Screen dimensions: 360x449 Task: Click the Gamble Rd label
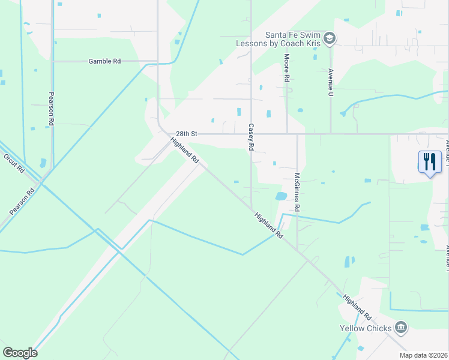coord(105,61)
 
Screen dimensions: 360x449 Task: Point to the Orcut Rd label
coord(14,162)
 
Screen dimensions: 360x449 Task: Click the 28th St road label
coord(187,134)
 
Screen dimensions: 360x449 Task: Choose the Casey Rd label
coord(251,137)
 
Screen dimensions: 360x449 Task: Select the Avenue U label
coord(330,82)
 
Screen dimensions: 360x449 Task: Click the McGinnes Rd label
coord(297,192)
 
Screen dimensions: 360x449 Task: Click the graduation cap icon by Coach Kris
coord(329,39)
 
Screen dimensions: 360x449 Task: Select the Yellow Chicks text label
coord(366,328)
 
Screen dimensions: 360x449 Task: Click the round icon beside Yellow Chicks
coord(401,328)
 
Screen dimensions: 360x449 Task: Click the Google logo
coord(20,352)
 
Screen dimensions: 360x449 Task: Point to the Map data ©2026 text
coord(423,355)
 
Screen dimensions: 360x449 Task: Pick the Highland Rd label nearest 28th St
coord(184,151)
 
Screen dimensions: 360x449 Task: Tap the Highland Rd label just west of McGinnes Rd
coord(268,226)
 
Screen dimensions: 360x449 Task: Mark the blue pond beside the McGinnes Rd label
coord(280,196)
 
